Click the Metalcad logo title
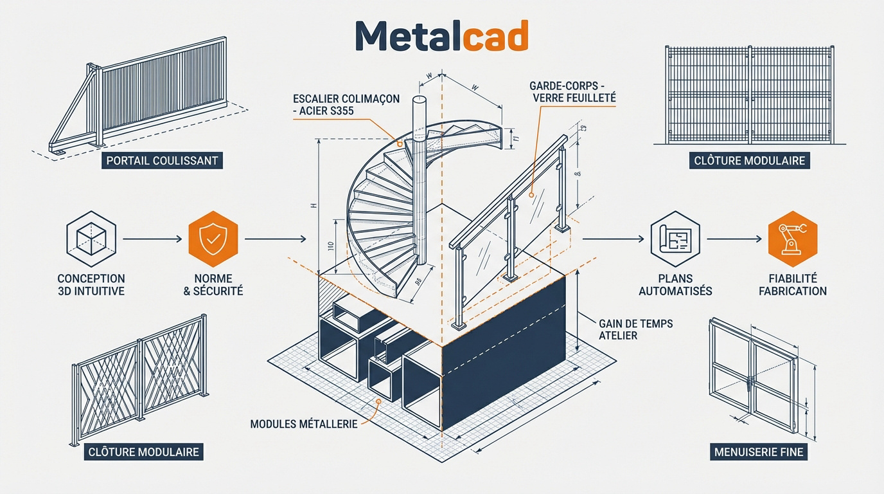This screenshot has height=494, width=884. (441, 36)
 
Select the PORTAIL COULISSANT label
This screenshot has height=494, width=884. (163, 160)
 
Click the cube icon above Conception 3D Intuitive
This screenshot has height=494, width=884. (91, 239)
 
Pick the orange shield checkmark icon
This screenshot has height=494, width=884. (213, 239)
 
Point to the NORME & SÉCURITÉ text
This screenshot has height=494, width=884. (213, 284)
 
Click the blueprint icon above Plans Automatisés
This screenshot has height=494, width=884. (675, 239)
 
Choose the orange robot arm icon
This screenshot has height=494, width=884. (793, 239)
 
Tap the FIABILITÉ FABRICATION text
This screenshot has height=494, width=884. (793, 284)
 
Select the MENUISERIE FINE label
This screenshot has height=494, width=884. (759, 452)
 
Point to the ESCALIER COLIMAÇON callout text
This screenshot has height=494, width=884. (346, 105)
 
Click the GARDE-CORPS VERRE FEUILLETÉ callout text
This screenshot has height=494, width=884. (572, 91)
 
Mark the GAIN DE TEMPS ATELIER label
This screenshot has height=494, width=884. (635, 329)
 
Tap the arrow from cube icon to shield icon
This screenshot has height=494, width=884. (152, 239)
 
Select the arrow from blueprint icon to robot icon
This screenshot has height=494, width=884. (734, 239)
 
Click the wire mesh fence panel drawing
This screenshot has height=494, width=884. (749, 95)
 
